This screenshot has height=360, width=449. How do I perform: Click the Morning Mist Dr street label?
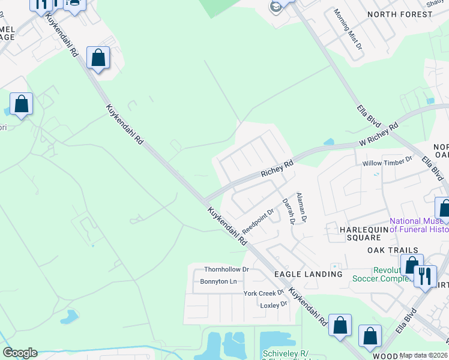[348, 29]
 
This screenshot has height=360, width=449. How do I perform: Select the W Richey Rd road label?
[379, 136]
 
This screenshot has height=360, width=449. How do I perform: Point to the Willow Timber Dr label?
[387, 163]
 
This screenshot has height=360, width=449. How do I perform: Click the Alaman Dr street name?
[302, 208]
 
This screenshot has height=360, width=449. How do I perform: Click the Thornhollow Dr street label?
[226, 269]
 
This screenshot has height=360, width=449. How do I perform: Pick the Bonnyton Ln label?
[219, 281]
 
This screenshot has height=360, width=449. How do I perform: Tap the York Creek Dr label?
[263, 293]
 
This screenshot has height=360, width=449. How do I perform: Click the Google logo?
[20, 353]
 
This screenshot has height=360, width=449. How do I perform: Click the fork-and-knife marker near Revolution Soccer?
[425, 276]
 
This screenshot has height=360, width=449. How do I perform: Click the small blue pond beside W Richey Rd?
[328, 142]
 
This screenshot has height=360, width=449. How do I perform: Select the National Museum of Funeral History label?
[419, 225]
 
